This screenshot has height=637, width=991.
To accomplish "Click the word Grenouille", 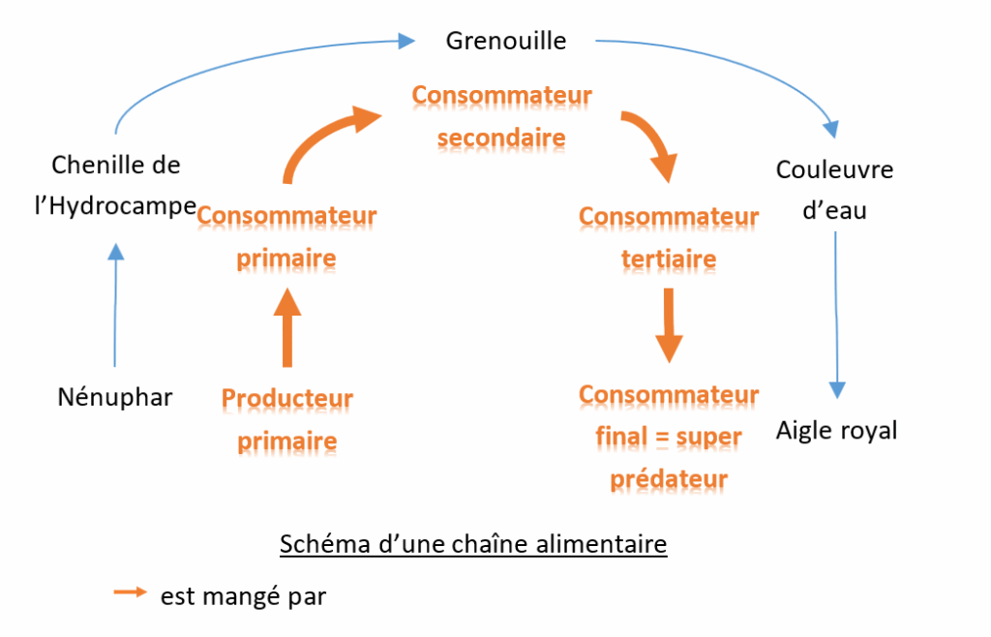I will point(505,41).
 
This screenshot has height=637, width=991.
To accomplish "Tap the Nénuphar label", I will point(115,397).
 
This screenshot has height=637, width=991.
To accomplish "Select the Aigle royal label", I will point(836,431).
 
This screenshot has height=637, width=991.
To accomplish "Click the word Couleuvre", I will point(834,170).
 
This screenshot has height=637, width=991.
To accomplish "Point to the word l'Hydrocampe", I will point(115,206).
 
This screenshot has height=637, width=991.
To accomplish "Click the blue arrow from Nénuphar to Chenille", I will point(115,305).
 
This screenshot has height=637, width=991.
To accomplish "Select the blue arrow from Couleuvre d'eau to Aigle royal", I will point(836,310).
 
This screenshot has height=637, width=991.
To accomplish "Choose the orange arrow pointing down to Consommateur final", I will point(668,324).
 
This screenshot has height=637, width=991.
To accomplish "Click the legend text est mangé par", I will point(243,597).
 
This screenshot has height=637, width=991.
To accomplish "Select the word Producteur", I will point(287,399).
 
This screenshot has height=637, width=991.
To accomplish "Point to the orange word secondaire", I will point(500,138).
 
